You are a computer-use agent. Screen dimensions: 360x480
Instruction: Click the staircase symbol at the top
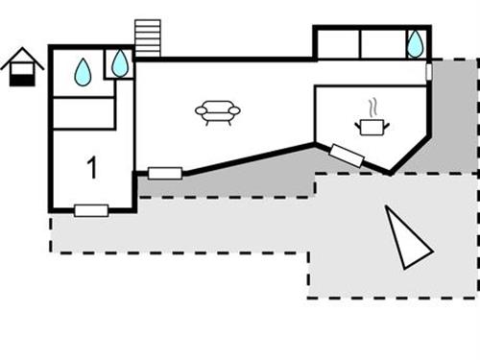pos(148,39)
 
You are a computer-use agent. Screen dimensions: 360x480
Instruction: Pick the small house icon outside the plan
pos(20,67)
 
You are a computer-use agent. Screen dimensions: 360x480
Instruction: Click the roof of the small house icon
pos(20,60)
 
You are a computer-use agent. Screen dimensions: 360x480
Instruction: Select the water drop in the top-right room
pos(415,43)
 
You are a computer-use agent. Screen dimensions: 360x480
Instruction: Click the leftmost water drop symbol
pos(83,70)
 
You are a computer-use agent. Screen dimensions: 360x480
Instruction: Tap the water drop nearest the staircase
pos(119,63)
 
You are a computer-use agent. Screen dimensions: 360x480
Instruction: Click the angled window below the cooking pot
pos(347,156)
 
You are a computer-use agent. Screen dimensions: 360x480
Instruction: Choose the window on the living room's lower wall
pos(165,174)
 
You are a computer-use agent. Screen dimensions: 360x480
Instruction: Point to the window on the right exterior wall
pos(429,72)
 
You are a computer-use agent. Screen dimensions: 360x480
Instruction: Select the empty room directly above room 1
pos(84,113)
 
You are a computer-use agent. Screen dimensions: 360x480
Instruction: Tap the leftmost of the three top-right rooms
pos(338,43)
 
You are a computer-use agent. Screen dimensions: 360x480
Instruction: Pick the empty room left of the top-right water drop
pos(381,43)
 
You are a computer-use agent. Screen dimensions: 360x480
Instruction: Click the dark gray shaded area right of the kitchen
pos(451,115)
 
